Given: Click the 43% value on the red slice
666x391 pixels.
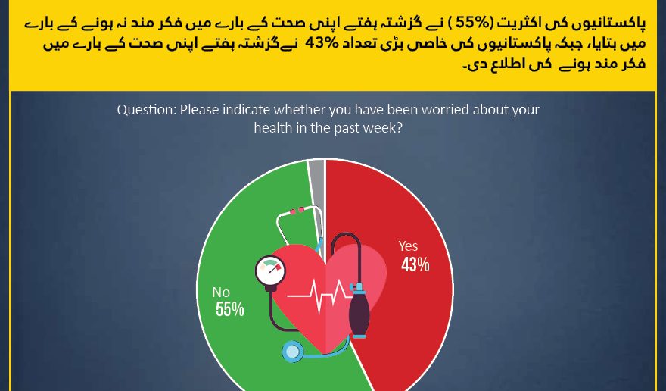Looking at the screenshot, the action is (x=415, y=264).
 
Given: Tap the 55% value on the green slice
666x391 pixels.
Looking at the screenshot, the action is (x=230, y=309).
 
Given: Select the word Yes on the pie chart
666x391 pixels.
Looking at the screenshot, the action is (x=408, y=246).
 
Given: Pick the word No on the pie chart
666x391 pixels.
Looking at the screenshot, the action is (x=221, y=292).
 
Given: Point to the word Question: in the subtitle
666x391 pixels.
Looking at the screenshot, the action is (x=147, y=110).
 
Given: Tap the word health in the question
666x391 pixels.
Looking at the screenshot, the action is (x=273, y=127).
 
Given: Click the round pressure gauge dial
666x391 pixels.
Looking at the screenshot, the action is (x=270, y=271).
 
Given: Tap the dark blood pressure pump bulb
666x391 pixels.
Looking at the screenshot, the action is (x=359, y=311).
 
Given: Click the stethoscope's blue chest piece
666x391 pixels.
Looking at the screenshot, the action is (x=293, y=352).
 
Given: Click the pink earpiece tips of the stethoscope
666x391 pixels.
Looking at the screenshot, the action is (x=297, y=211).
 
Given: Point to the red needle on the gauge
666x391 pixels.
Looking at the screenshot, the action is (x=274, y=268).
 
